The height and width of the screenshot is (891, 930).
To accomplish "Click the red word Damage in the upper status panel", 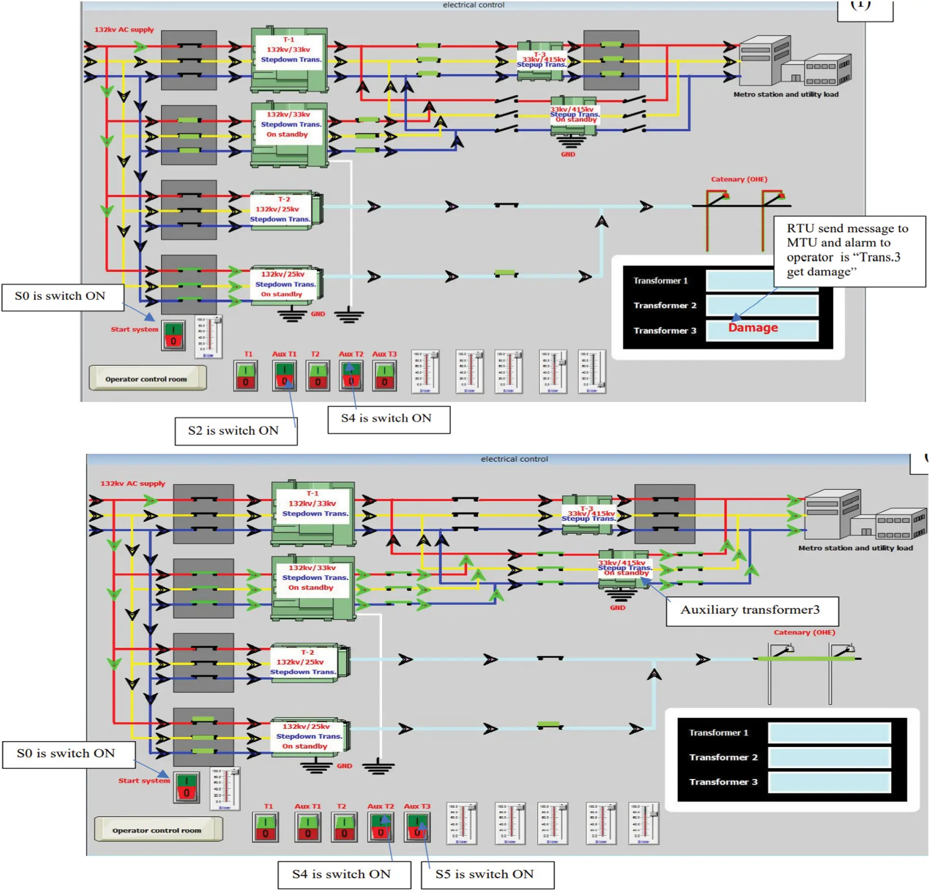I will pos(753,328).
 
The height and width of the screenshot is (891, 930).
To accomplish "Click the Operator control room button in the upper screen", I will pos(147,378).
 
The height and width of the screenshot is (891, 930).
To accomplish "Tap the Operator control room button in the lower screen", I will pos(158,830).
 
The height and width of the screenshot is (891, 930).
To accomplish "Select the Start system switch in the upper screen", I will pos(173,336).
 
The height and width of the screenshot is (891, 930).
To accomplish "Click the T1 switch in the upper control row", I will pos(245,376).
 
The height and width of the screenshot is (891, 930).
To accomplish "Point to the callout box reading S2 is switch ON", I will pos(236,431).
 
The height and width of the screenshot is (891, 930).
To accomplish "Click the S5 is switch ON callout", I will pos(487,875).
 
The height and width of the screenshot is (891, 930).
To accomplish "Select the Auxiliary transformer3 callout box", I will pos(751,610).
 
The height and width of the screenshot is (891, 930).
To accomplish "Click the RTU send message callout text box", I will pos(849,250).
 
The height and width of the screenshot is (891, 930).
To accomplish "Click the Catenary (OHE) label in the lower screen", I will pos(804,632).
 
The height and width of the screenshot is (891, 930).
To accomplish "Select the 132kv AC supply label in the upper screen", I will pos(124,29).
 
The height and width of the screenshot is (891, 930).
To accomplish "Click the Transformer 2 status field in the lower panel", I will pos(829,757).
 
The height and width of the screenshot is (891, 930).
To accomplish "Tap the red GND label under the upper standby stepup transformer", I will pos(568,154).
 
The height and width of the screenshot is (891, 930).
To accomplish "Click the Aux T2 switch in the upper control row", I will pos(351,376).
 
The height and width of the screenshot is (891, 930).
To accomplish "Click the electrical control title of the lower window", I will pos(514,459).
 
